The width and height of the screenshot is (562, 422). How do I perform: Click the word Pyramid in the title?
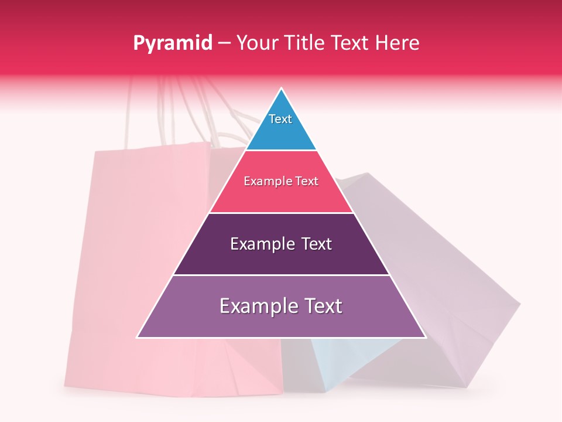(172, 43)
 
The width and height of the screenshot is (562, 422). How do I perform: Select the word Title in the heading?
(307, 43)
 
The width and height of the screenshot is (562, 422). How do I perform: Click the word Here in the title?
(397, 43)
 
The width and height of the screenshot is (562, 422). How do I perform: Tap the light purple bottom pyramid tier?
(281, 322)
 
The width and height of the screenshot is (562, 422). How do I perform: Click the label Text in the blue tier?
(280, 119)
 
